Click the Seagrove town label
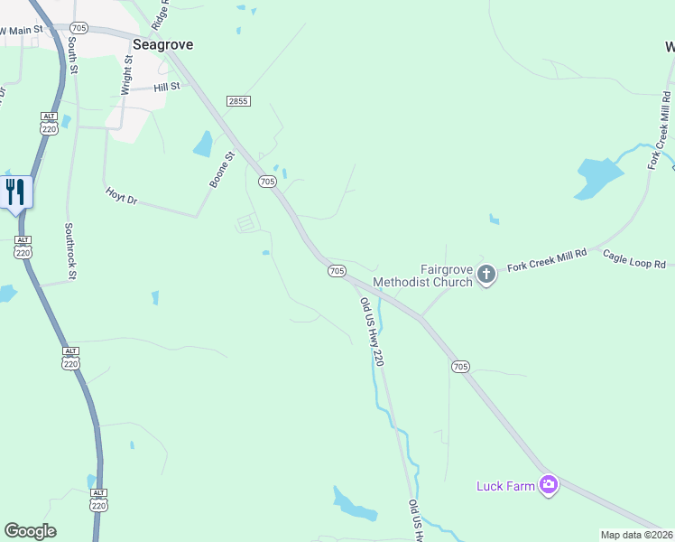(x=162, y=44)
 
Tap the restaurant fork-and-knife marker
(x=16, y=192)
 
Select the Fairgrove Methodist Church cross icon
(x=486, y=273)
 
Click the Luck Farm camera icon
(x=549, y=486)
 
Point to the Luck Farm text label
(x=505, y=487)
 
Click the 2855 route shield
(x=238, y=102)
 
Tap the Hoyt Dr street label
(x=121, y=193)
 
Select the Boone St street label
(x=222, y=169)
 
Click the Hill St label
(x=167, y=87)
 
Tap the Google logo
(x=31, y=531)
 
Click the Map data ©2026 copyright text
(x=637, y=535)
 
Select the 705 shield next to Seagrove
(x=79, y=29)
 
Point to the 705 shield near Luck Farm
(x=460, y=366)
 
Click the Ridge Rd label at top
(x=164, y=14)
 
